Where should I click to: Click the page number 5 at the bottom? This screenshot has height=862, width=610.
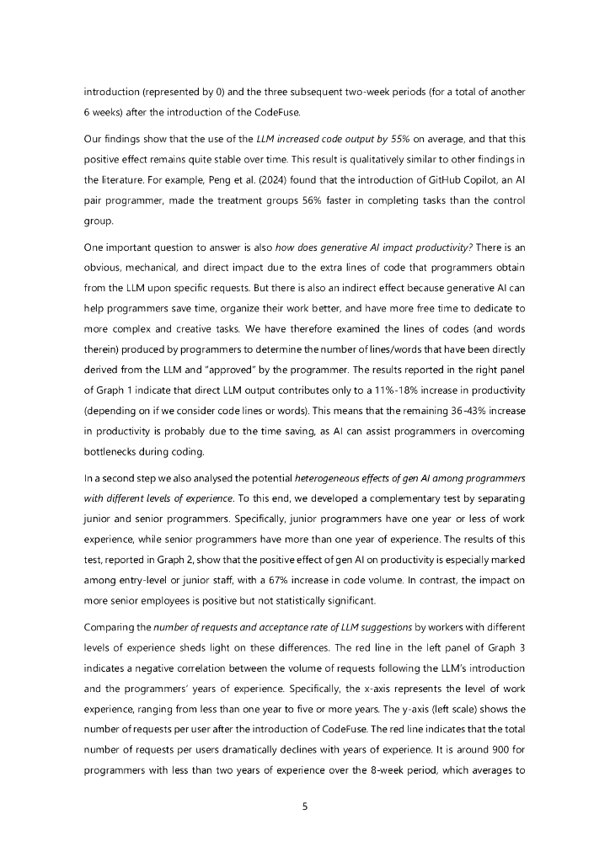[x=305, y=806]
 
